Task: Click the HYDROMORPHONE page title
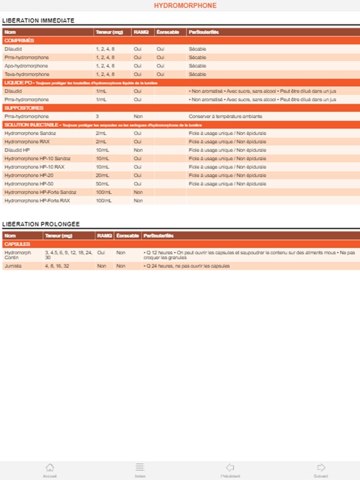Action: pos(185,6)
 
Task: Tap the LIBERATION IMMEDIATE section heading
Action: pos(38,21)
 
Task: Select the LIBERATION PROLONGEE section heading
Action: pos(41,224)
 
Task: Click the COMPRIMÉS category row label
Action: pos(19,40)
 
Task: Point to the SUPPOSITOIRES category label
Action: pos(23,107)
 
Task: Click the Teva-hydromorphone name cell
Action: pos(27,74)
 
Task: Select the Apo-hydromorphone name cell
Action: pos(26,66)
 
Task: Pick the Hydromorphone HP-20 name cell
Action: pos(29,175)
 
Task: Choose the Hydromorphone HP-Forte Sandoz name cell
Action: pos(40,192)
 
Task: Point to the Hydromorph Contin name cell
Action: pos(17,255)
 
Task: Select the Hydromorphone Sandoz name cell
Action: pos(31,133)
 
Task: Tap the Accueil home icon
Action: pos(50,467)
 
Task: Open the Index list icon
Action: pos(140,467)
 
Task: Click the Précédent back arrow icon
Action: pos(230,467)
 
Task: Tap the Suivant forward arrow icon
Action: pos(321,467)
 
